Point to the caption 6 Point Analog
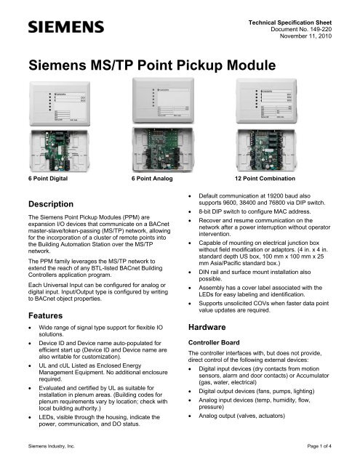pos(155,178)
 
